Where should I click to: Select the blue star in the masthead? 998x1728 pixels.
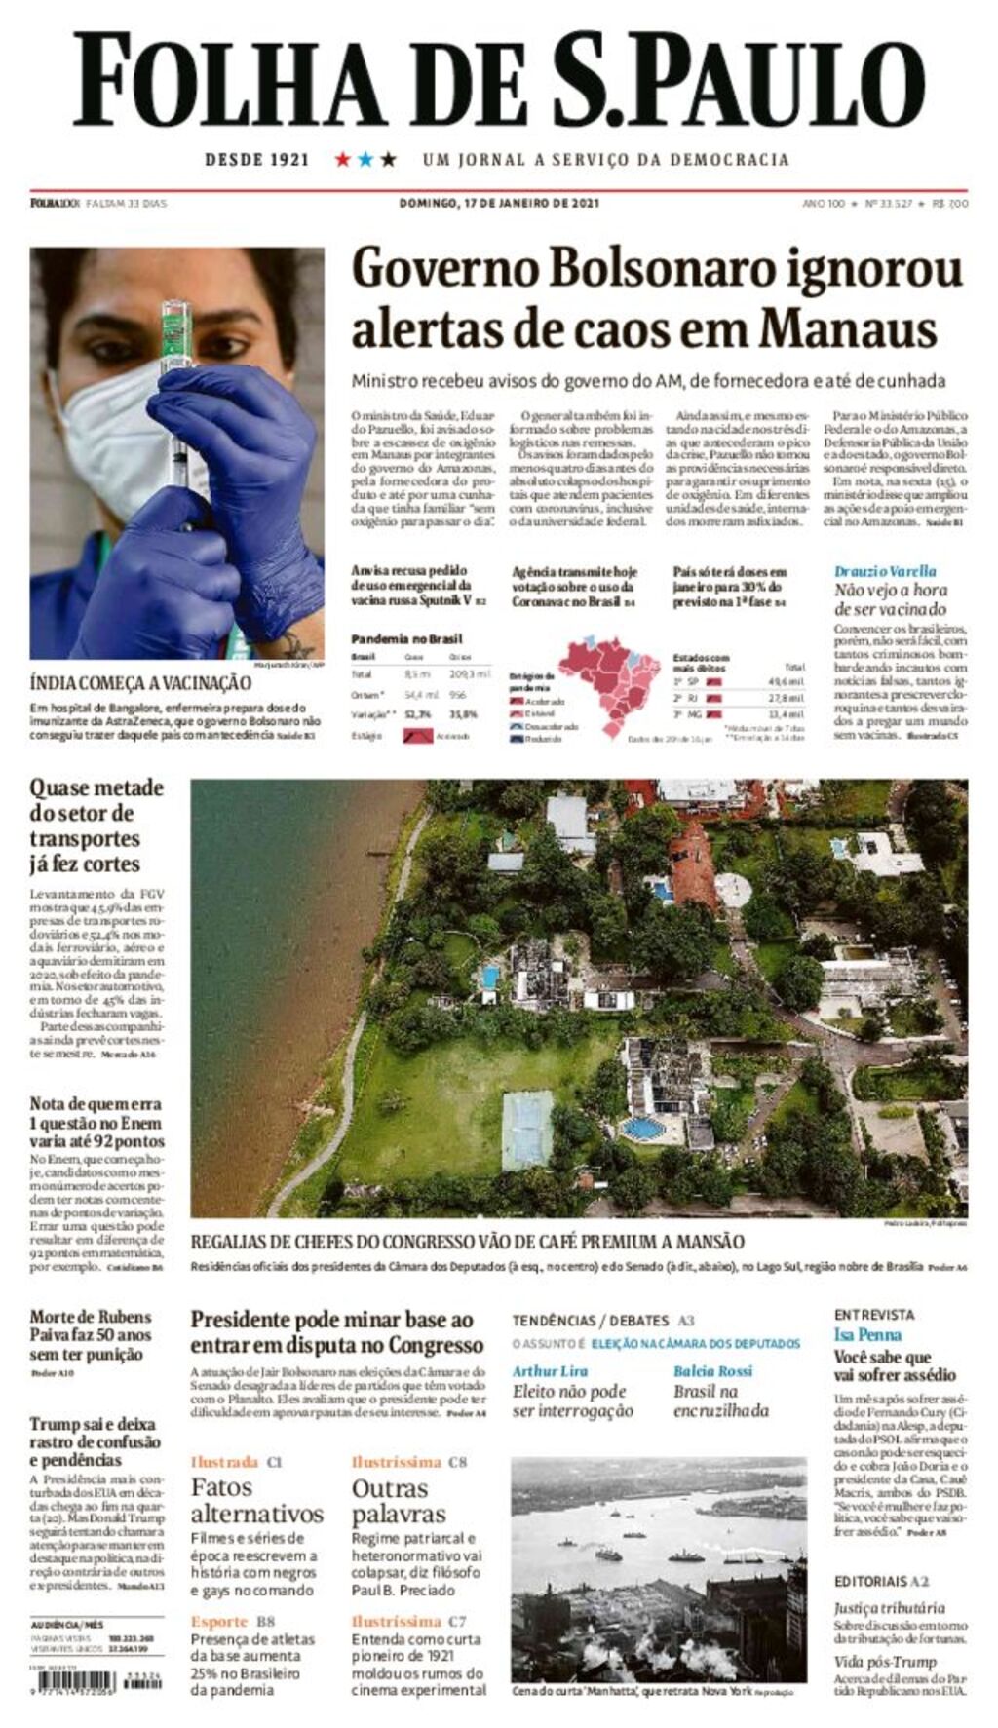[x=365, y=159]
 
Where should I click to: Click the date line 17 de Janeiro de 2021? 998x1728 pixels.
[x=499, y=203]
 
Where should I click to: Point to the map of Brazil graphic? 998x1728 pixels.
[x=610, y=682]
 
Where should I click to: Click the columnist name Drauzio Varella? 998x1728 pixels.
[x=885, y=571]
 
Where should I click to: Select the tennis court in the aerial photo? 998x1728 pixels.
[x=527, y=1131]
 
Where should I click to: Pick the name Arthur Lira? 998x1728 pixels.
[x=550, y=1370]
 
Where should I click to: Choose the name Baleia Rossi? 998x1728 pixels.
[x=713, y=1370]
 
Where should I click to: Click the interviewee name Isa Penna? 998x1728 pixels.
[x=867, y=1334]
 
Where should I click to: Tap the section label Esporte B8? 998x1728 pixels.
[x=233, y=1621]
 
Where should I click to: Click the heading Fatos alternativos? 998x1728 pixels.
[x=257, y=1500]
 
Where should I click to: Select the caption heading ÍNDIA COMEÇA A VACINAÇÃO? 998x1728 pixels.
[x=140, y=683]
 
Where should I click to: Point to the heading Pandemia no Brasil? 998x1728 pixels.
[x=406, y=639]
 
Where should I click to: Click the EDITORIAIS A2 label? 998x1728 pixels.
[x=881, y=1581]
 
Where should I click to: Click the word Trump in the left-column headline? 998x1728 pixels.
[x=55, y=1424]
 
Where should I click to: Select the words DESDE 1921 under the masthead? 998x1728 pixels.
[x=256, y=159]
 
